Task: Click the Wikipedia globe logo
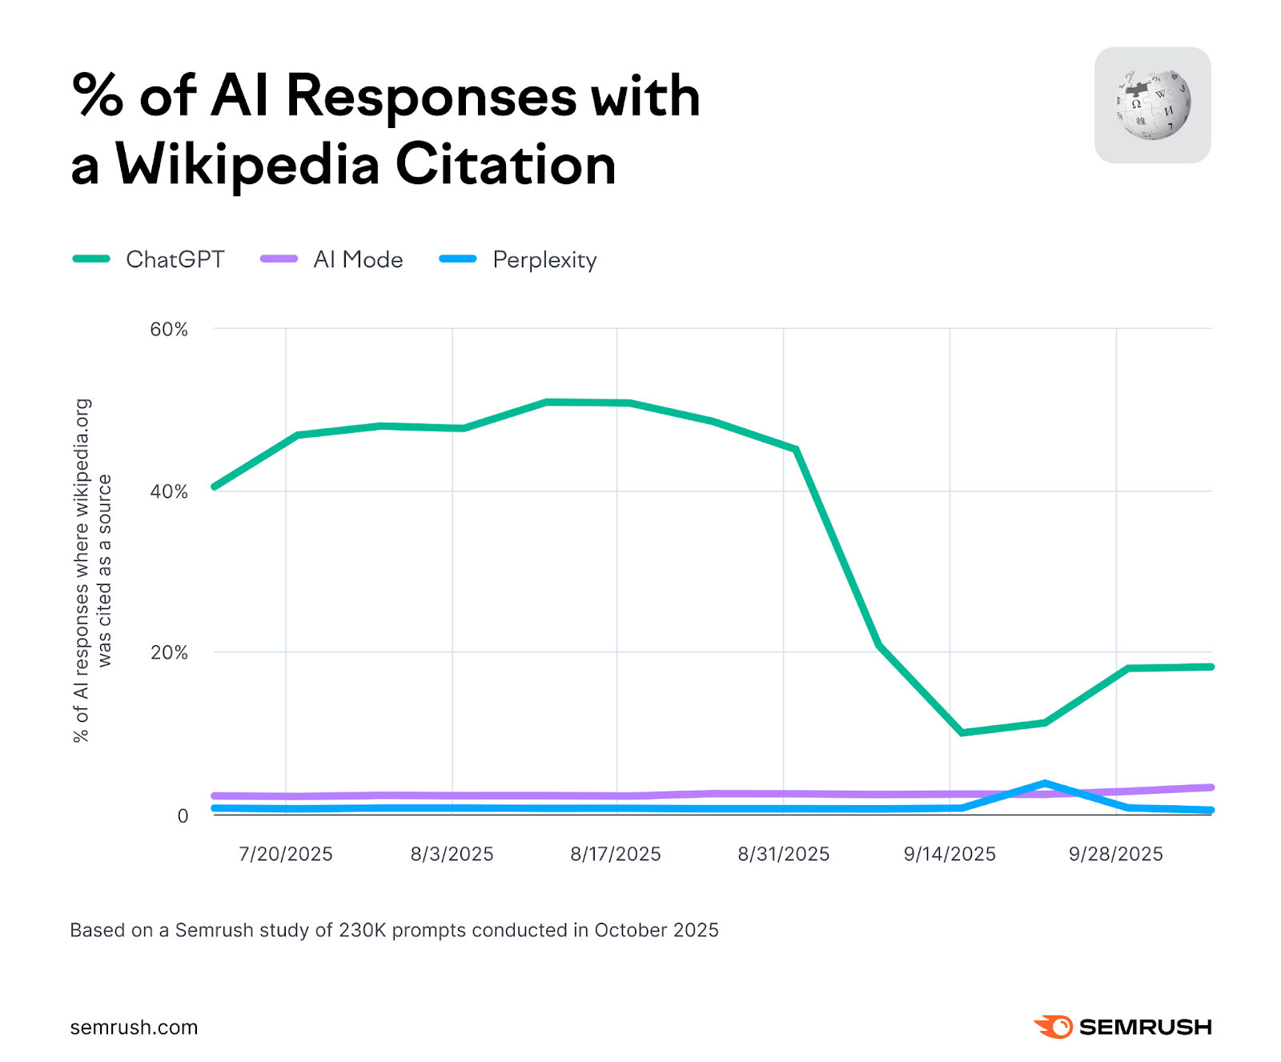point(1153,105)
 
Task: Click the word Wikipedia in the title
point(247,165)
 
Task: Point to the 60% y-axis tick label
point(168,329)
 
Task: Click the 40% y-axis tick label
point(168,491)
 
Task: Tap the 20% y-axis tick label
point(168,652)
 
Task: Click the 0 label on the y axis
point(183,816)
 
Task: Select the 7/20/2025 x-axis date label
point(286,854)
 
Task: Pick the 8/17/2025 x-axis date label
point(616,854)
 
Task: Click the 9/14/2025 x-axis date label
point(950,854)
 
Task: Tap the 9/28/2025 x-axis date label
point(1115,854)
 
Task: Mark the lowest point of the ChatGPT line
point(962,732)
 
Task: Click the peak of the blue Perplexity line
point(1045,783)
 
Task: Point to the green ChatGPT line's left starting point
point(214,487)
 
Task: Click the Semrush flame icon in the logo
point(1054,1027)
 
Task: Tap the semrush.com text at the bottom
point(134,1028)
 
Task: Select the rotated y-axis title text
point(93,571)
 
